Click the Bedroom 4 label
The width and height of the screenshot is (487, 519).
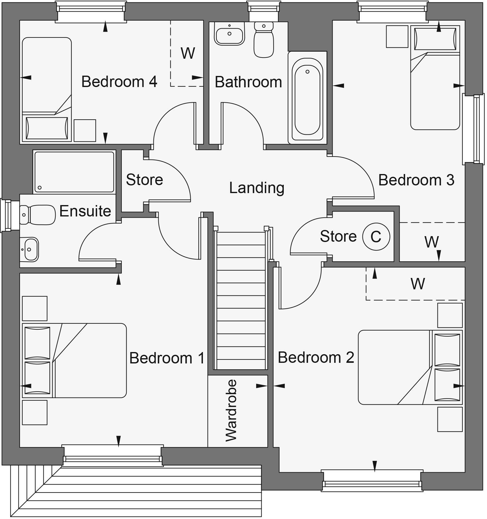119,82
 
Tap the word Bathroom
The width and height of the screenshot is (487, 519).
248,82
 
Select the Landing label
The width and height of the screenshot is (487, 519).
257,188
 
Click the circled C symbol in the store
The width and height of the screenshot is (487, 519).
376,236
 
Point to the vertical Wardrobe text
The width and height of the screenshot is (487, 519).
231,410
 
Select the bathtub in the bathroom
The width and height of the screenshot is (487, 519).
307,97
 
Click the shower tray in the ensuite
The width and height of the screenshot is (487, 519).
74,172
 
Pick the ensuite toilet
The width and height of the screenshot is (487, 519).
37,215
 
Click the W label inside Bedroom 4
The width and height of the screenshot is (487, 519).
188,53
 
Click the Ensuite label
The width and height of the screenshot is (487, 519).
85,211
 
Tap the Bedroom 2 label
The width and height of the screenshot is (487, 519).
316,358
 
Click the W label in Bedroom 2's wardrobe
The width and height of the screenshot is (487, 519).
418,283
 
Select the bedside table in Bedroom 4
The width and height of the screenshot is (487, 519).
85,130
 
